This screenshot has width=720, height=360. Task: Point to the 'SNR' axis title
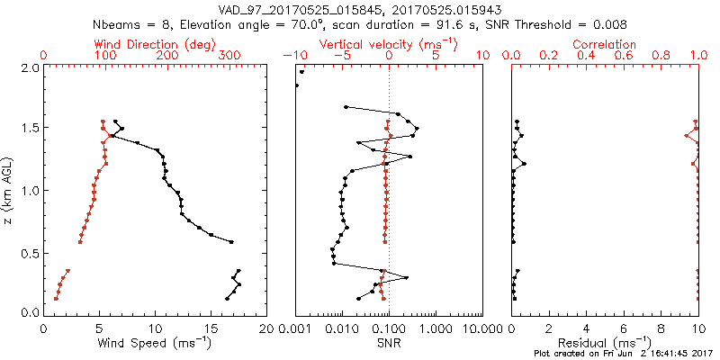pyautogui.click(x=388, y=342)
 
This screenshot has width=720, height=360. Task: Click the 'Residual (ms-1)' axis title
pyautogui.click(x=605, y=342)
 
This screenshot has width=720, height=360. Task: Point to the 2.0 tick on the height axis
pyautogui.click(x=30, y=67)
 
